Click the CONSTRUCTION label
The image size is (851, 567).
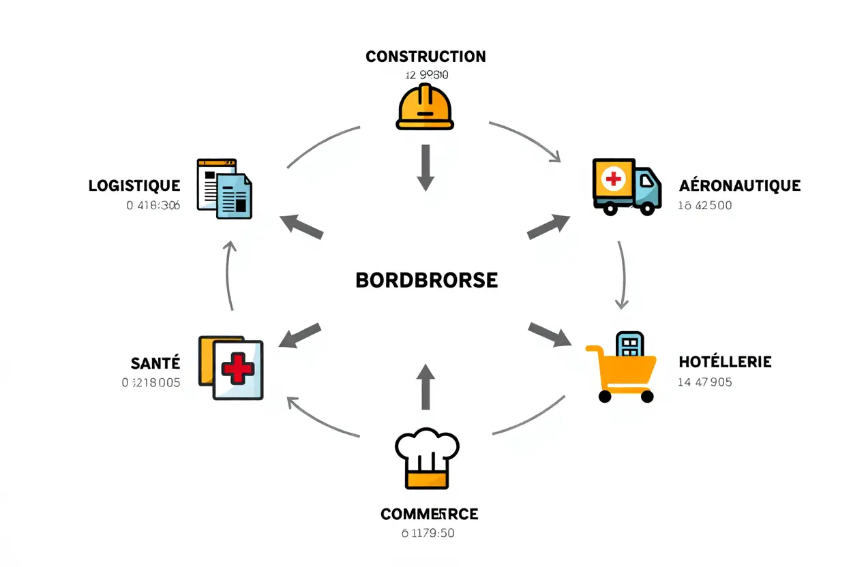click(425, 57)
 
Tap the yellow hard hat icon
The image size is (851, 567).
click(425, 107)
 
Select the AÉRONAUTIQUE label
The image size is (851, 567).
click(740, 185)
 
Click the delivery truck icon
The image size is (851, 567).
click(627, 187)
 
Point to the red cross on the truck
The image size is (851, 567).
click(613, 179)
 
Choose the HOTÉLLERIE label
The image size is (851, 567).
click(726, 362)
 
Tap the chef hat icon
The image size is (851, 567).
click(427, 458)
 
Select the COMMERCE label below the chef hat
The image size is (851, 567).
click(430, 514)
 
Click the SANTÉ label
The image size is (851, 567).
click(155, 363)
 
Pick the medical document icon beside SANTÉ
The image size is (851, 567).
click(231, 367)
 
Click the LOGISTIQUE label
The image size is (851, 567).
click(134, 185)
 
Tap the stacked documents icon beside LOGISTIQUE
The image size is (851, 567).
click(224, 189)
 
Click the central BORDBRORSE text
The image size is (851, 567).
click(427, 280)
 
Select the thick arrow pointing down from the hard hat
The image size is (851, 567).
click(425, 167)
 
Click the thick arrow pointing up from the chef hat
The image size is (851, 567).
click(425, 386)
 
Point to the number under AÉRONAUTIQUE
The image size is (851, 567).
click(705, 205)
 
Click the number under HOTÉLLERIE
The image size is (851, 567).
click(705, 382)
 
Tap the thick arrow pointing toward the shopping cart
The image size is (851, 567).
click(550, 333)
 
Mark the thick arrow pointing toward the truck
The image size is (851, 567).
click(549, 226)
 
